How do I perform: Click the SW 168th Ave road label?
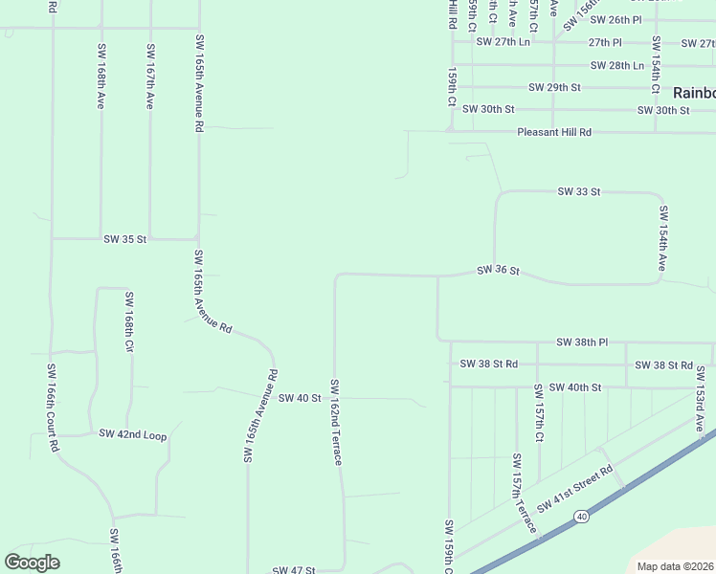pyautogui.click(x=100, y=75)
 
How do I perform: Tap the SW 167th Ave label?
pyautogui.click(x=149, y=75)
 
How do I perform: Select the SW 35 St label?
pyautogui.click(x=125, y=239)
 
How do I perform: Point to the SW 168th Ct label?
pyautogui.click(x=128, y=321)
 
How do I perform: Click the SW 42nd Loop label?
pyautogui.click(x=133, y=435)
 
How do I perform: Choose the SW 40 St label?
pyautogui.click(x=300, y=398)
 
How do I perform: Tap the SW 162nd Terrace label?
pyautogui.click(x=336, y=423)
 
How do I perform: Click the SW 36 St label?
pyautogui.click(x=498, y=272)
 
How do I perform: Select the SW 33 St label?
pyautogui.click(x=579, y=192)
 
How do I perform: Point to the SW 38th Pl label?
pyautogui.click(x=582, y=342)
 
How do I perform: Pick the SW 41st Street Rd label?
pyautogui.click(x=575, y=489)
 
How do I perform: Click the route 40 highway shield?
pyautogui.click(x=581, y=517)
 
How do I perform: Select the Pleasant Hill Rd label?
pyautogui.click(x=554, y=132)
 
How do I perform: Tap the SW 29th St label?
pyautogui.click(x=555, y=87)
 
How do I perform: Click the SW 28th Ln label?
pyautogui.click(x=617, y=65)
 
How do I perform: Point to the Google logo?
pyautogui.click(x=32, y=563)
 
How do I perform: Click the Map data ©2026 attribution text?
pyautogui.click(x=674, y=566)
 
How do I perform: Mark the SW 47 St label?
pyautogui.click(x=294, y=570)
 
